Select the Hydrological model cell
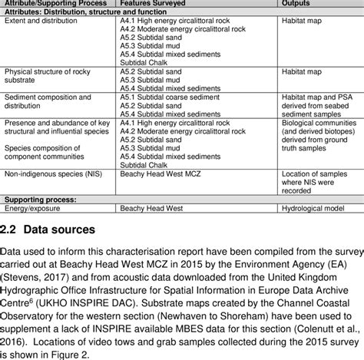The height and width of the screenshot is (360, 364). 315,208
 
